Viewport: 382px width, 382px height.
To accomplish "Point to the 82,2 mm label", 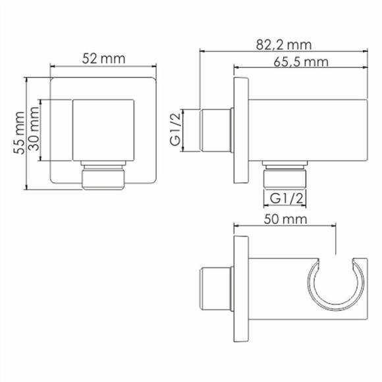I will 285,45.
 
